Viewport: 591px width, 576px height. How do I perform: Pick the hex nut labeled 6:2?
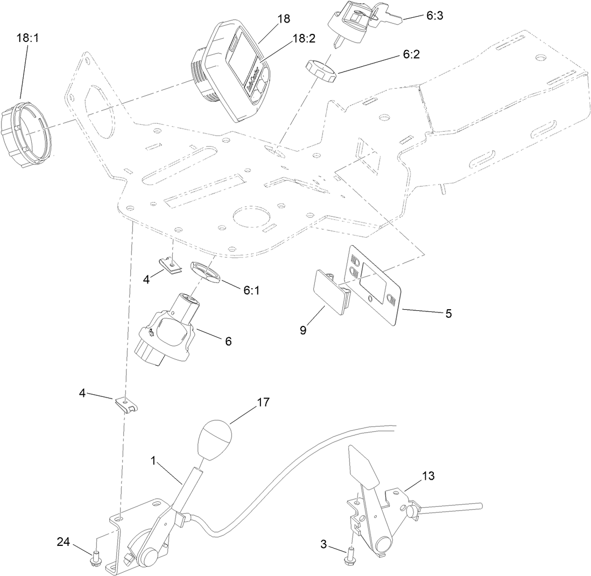320,72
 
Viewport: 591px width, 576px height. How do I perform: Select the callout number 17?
264,402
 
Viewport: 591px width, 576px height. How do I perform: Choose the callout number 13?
428,476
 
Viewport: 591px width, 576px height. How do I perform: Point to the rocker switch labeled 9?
329,291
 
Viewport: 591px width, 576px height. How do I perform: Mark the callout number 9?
303,330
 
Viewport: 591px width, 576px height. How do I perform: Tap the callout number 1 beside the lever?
153,460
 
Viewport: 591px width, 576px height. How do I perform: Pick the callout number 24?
64,542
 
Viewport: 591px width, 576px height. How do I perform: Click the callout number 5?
448,313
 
